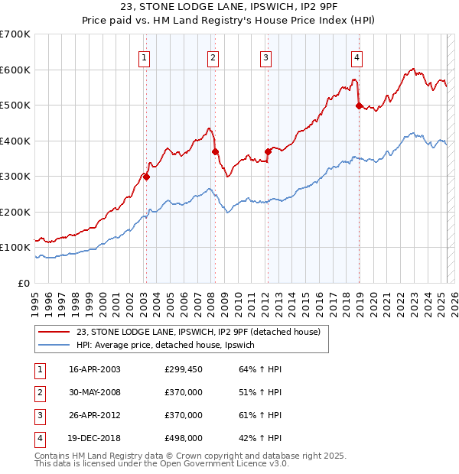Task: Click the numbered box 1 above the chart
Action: [x=145, y=56]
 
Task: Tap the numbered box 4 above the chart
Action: [x=357, y=56]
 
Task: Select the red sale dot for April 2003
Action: [x=146, y=177]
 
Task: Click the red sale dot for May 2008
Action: [x=215, y=151]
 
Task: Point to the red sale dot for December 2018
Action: [x=359, y=106]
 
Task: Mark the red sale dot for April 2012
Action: [x=268, y=151]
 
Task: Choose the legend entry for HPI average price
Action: [x=170, y=345]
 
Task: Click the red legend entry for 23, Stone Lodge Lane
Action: [x=203, y=331]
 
